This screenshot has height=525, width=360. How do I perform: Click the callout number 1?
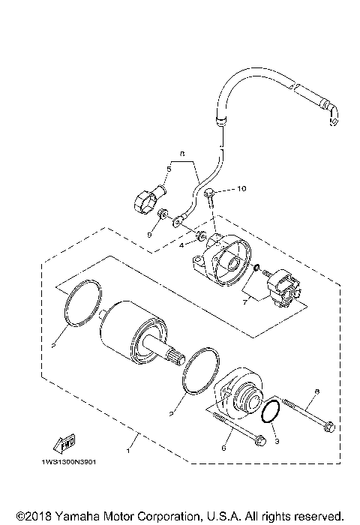click(130, 451)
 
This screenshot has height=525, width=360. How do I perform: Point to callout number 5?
click(169, 169)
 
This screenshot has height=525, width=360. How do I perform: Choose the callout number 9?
click(150, 235)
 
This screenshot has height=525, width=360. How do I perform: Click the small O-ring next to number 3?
click(272, 412)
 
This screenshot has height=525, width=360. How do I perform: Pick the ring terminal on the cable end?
click(179, 220)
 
